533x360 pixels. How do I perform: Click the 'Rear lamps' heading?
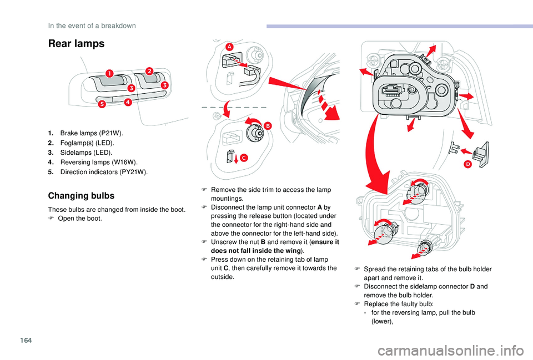coord(76,44)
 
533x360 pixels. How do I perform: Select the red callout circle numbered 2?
coord(149,70)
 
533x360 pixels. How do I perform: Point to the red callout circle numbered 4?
coord(128,102)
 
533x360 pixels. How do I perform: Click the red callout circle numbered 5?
coord(102,104)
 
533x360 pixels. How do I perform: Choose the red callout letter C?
coord(243,158)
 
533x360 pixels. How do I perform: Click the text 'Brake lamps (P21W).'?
coord(92,134)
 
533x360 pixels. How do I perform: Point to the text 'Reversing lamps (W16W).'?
coord(98,162)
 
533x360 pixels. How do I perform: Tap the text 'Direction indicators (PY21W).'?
coord(104,171)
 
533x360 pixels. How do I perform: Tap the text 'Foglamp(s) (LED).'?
coord(87,143)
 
